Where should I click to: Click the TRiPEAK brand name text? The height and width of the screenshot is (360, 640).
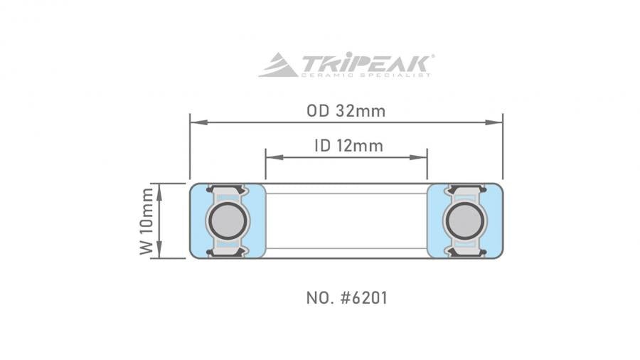click(x=366, y=62)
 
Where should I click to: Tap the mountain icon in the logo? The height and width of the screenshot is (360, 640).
click(x=278, y=65)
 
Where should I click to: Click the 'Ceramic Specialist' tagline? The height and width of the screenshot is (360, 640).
click(x=366, y=75)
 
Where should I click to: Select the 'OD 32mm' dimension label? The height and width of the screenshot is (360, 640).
click(x=346, y=110)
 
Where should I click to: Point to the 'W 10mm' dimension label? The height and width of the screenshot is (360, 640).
click(x=146, y=221)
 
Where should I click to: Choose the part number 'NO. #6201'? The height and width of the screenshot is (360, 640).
click(x=346, y=297)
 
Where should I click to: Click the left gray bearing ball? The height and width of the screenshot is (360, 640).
click(x=227, y=221)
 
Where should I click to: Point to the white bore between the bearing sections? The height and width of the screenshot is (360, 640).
click(x=346, y=221)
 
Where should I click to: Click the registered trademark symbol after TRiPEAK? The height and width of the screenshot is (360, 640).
click(x=433, y=56)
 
